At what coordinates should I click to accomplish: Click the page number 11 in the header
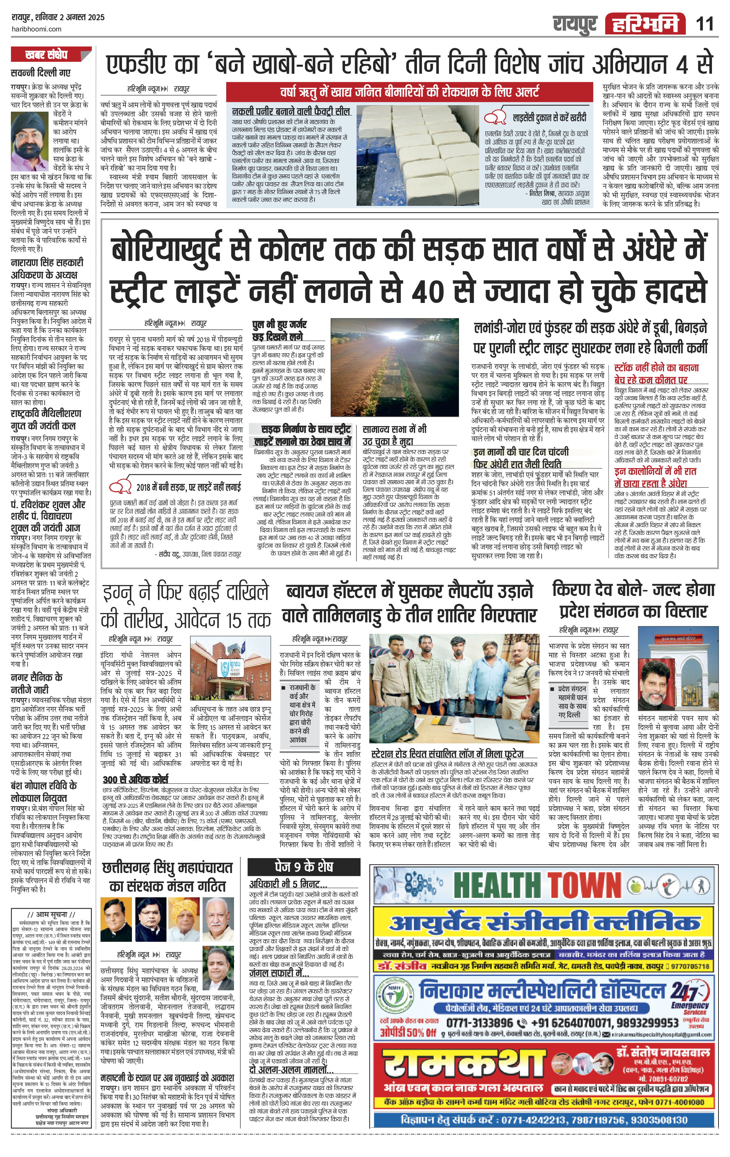(704, 24)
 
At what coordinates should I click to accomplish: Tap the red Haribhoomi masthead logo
(645, 24)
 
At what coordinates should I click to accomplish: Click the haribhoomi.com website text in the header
(36, 29)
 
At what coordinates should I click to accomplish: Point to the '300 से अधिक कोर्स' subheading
(136, 779)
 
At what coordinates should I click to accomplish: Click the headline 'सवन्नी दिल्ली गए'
(41, 72)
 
